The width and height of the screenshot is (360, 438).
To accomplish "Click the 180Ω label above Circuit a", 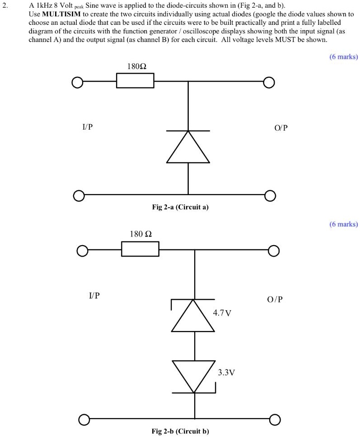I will (x=137, y=66).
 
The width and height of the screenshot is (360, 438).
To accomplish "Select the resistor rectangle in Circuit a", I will (x=135, y=82).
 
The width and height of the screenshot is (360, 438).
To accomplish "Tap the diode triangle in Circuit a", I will (x=188, y=148).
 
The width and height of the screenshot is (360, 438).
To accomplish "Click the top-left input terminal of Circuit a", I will (x=77, y=83).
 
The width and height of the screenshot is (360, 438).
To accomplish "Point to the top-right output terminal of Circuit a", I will (x=269, y=82).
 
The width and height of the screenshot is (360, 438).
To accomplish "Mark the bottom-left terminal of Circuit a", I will (x=79, y=196).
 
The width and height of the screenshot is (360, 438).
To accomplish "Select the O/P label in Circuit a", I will (x=280, y=128).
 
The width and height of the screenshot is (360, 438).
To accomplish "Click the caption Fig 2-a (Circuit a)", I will (x=180, y=207).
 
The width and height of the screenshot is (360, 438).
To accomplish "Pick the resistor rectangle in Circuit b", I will (x=140, y=249).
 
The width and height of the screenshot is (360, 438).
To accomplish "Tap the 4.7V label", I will (x=222, y=312).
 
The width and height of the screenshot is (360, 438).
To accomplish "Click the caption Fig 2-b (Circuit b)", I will (x=180, y=431).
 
